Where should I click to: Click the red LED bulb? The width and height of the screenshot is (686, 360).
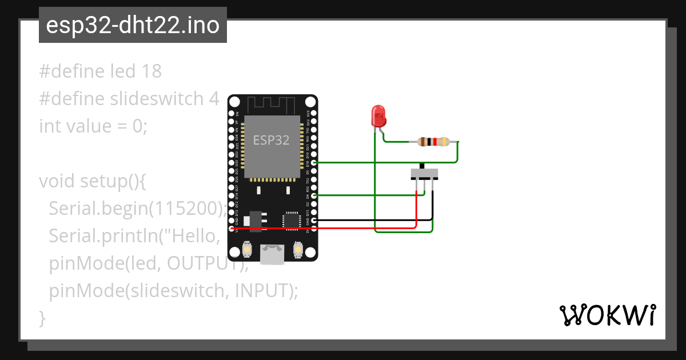378,116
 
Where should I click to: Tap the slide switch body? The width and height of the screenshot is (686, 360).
424,173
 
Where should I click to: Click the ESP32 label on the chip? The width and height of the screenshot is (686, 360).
272,139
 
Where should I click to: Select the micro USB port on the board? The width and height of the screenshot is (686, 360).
273,254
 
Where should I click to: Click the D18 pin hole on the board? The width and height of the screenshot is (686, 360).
314,163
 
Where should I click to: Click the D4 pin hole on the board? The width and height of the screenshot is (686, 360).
314,195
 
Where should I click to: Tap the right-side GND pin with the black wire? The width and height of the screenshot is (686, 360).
314,220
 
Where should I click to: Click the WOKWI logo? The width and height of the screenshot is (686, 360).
607,315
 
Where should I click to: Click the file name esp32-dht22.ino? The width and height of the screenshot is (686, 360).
133,26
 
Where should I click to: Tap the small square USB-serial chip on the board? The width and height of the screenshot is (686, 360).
290,219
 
